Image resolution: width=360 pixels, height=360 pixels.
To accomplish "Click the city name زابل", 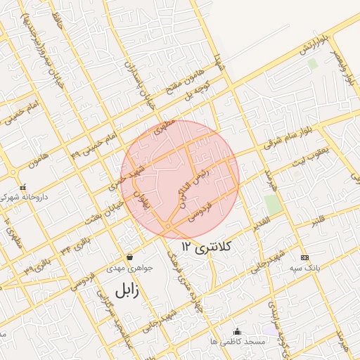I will point(127,289).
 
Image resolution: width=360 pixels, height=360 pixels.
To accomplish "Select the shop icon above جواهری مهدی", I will point(129,257).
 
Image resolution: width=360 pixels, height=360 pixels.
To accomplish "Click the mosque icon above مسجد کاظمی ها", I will point(237,331).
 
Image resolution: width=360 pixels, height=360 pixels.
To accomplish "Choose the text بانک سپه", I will point(304,268).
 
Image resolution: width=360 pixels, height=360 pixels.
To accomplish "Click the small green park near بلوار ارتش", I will point(313,63).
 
